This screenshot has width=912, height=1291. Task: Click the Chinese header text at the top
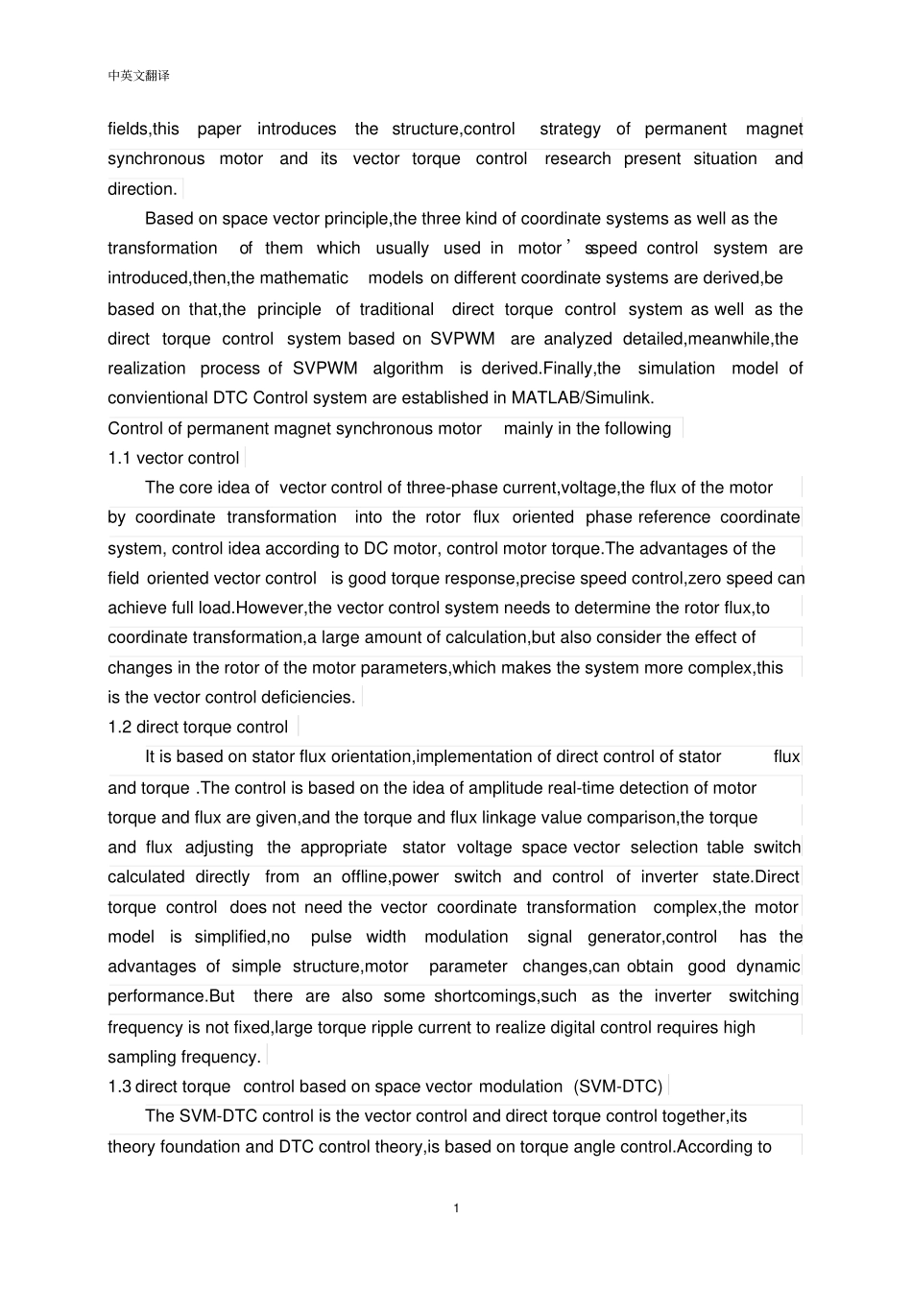coord(139,76)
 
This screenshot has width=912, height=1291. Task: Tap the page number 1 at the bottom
coord(456,1207)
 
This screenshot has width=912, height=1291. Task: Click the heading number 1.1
coord(120,458)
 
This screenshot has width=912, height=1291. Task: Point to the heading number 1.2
coord(120,727)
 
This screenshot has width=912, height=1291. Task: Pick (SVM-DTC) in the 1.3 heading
coord(618,1087)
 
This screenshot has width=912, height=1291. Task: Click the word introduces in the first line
coord(297,129)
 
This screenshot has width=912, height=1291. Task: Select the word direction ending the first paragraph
coord(141,188)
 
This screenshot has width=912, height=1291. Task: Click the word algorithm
coord(408,368)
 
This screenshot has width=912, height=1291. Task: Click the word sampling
coord(142,1057)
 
